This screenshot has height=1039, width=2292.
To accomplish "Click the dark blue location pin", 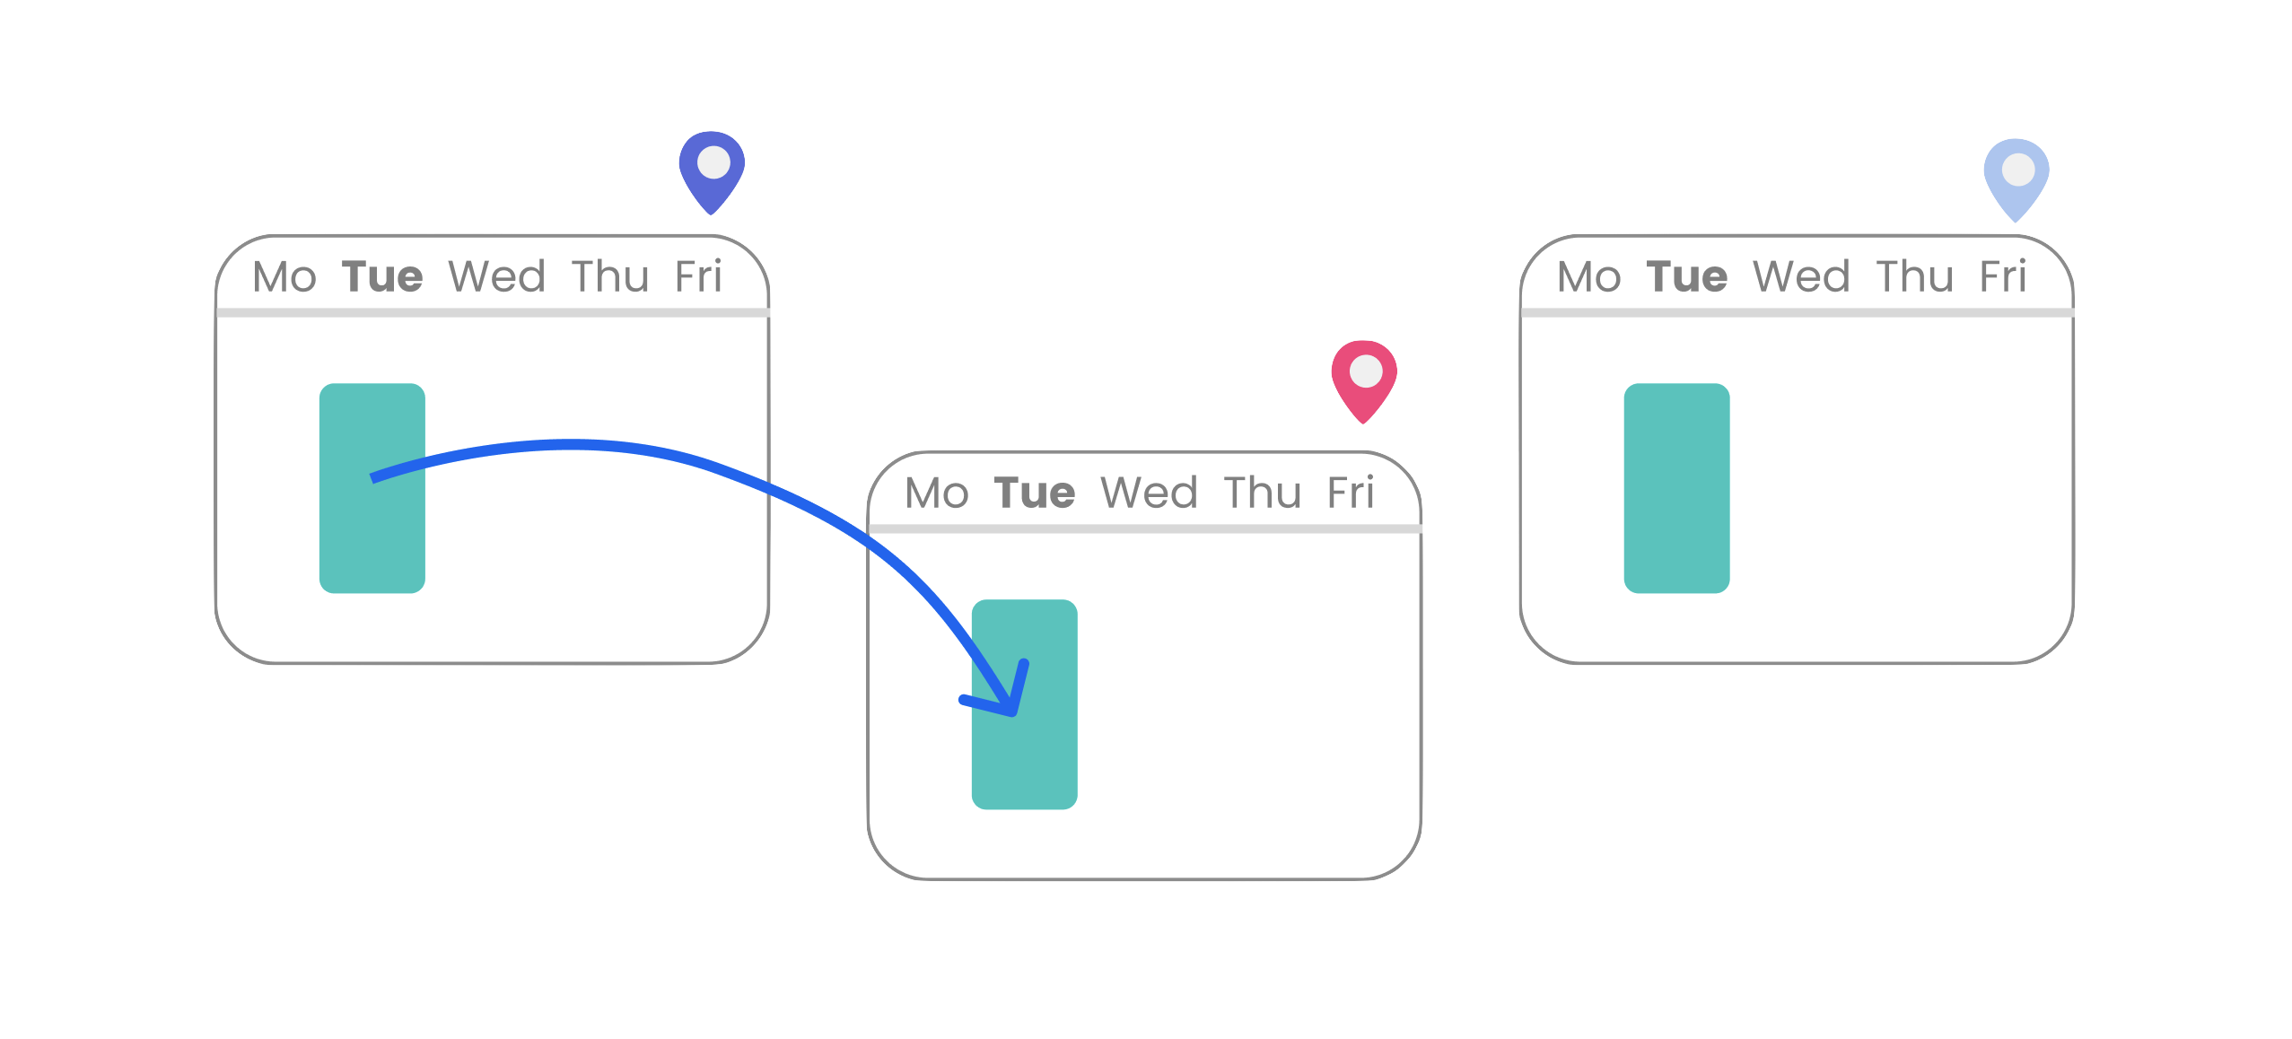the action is tap(712, 173).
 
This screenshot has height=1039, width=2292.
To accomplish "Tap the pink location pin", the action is tap(1364, 382).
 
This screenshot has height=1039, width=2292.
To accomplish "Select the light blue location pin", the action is tap(2016, 180).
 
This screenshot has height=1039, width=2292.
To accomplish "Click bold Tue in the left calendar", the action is tap(382, 276).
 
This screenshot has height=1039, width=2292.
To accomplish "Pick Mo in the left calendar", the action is tap(284, 276).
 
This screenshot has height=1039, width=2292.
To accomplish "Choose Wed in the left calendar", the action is tap(497, 276).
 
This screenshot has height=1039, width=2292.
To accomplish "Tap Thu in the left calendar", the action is tap(610, 276).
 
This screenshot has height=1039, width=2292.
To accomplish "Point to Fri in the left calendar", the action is tap(698, 276).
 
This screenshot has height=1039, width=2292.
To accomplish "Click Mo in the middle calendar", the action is tap(937, 493).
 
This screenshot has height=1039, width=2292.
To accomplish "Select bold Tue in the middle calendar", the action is tap(1035, 493).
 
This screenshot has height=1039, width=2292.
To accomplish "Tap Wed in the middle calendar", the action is tap(1150, 493).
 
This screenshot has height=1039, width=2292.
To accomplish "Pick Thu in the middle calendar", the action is tap(1263, 493).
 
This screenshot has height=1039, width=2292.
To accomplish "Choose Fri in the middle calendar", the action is tap(1351, 493).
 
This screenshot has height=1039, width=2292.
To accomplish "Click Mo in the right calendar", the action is tap(1589, 276).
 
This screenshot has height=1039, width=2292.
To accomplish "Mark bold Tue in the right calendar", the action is tap(1687, 276).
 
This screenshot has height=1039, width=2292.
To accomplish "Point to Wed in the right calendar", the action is tap(1802, 276).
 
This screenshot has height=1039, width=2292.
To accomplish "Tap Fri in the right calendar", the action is tap(2003, 276).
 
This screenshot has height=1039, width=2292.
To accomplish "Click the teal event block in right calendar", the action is tap(1677, 488).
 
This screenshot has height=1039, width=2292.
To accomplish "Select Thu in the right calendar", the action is tap(1915, 276).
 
